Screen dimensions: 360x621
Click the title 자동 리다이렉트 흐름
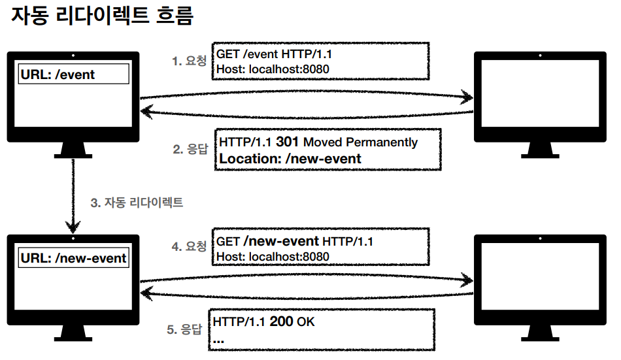103,16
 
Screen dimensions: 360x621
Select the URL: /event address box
74,74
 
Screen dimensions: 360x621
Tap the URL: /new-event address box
74,258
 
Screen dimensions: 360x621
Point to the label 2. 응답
190,149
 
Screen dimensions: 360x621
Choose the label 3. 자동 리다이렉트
137,203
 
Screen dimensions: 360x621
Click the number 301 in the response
288,142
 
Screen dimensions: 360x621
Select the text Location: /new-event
290,158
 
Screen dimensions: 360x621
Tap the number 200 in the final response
282,323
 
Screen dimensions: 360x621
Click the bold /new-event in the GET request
281,242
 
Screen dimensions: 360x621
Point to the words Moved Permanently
360,142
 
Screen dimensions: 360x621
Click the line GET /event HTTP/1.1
279,54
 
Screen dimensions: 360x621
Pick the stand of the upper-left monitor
73,151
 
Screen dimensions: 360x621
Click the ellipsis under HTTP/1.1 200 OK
219,340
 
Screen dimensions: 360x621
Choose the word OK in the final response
306,323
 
